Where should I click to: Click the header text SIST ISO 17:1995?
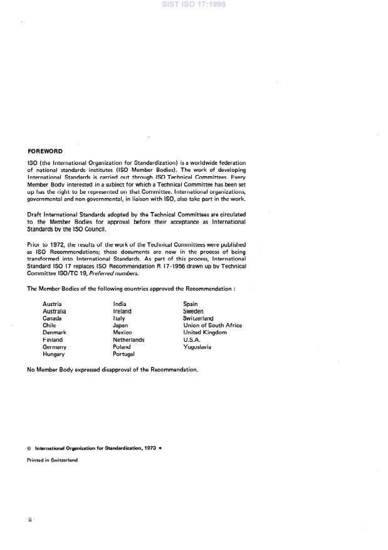pos(194,4)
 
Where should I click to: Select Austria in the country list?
pos(52,304)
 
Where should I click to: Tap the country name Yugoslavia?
pos(197,346)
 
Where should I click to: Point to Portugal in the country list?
pos(123,354)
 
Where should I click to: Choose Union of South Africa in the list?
pos(212,325)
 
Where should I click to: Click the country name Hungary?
pos(53,354)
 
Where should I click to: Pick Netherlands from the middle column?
pos(128,339)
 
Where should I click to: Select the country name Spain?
pos(190,304)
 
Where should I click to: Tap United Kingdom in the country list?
pos(204,332)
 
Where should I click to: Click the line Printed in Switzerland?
pos(52,460)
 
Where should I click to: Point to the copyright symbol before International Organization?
pos(29,448)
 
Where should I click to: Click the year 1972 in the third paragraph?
pos(52,244)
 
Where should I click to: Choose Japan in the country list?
pos(120,325)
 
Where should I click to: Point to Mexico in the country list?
pos(122,332)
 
